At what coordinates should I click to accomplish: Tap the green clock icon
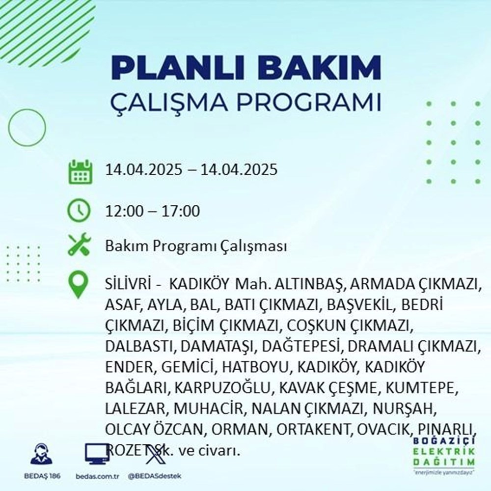click(79, 212)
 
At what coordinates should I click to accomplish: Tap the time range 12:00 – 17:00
click(152, 212)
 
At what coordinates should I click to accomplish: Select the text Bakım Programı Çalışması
click(196, 246)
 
